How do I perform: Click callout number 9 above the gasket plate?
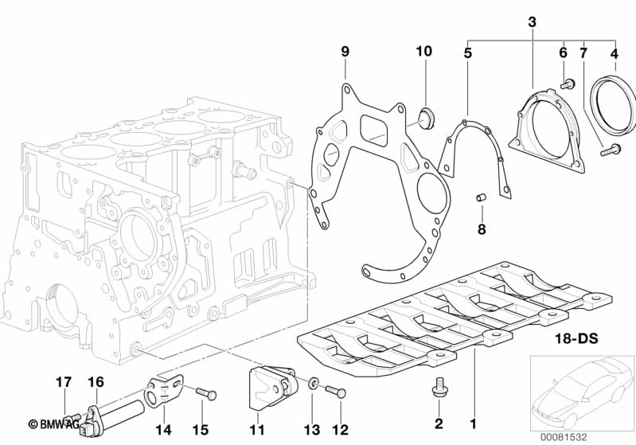coord(345,52)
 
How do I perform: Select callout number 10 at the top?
coord(423,52)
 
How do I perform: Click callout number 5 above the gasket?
coord(468,54)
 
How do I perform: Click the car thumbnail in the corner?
coord(582,390)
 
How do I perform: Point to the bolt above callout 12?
coord(337,391)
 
